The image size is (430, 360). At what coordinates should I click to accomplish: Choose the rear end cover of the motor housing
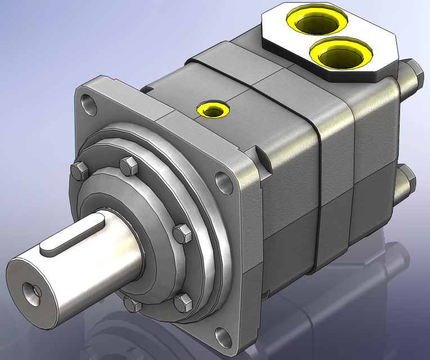point(374,169)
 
